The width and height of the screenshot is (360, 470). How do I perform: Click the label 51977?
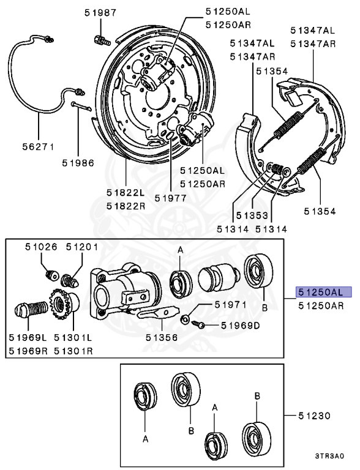pos(170,198)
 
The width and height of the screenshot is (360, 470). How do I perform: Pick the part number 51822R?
pos(126,206)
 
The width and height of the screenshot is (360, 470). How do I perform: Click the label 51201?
pos(82,247)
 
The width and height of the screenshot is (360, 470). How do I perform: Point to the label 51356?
pos(162,336)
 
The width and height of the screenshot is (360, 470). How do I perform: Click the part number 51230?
pos(315,416)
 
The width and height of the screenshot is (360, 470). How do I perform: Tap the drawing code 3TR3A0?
pos(330,456)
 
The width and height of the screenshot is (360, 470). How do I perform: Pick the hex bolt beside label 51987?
pos(101,40)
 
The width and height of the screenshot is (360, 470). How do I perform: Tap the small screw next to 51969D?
pos(197,325)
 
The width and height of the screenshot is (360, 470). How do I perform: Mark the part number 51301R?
pos(73,351)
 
